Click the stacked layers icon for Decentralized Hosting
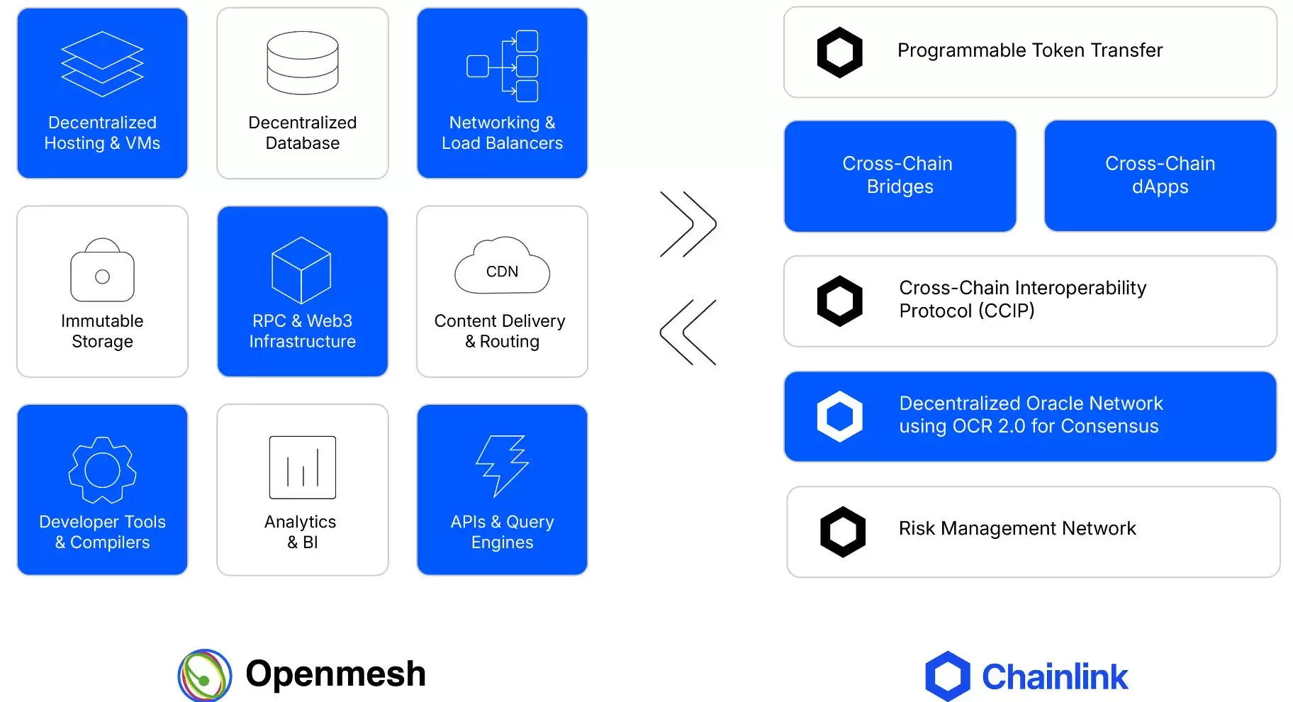tap(102, 64)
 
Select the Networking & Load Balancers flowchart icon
tap(503, 66)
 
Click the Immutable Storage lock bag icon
tap(102, 270)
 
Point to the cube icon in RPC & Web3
tap(301, 270)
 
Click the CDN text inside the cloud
tap(502, 272)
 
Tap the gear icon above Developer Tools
tap(102, 469)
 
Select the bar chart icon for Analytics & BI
tap(303, 467)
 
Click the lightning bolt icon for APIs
tap(502, 465)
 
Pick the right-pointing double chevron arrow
tap(688, 224)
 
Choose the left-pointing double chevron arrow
tap(688, 332)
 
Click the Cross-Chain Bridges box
tap(900, 176)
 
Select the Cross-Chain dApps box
tap(1160, 176)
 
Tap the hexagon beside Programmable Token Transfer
tap(839, 52)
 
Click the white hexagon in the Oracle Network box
tap(839, 416)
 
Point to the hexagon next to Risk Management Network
tap(842, 532)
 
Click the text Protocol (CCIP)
tap(966, 311)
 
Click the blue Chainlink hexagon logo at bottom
tap(947, 676)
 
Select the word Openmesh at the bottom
tap(335, 674)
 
